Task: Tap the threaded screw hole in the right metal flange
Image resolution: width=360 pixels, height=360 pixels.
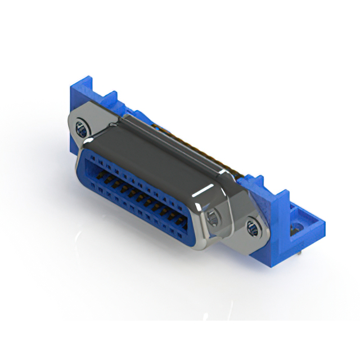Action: [253, 228]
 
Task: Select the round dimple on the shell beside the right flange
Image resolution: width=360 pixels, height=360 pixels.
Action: [214, 218]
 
